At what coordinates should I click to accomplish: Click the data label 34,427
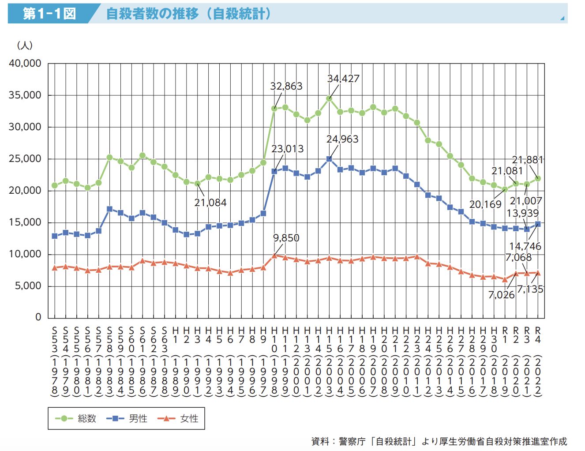[x=343, y=79]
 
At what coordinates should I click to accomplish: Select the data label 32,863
[x=286, y=86]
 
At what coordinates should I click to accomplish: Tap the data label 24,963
[x=342, y=139]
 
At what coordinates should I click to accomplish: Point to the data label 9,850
[x=286, y=238]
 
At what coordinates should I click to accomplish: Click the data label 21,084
[x=210, y=203]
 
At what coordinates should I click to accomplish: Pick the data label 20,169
[x=485, y=204]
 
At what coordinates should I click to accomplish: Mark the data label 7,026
[x=501, y=295]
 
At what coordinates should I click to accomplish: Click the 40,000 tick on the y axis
[x=25, y=64]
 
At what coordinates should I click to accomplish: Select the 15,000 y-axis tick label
[x=25, y=222]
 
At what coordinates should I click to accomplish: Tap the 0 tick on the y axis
[x=38, y=317]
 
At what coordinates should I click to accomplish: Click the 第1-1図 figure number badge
[x=49, y=14]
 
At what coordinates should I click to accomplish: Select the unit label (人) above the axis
[x=25, y=45]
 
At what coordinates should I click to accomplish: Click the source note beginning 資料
[x=439, y=441]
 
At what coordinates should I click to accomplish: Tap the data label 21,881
[x=527, y=160]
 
